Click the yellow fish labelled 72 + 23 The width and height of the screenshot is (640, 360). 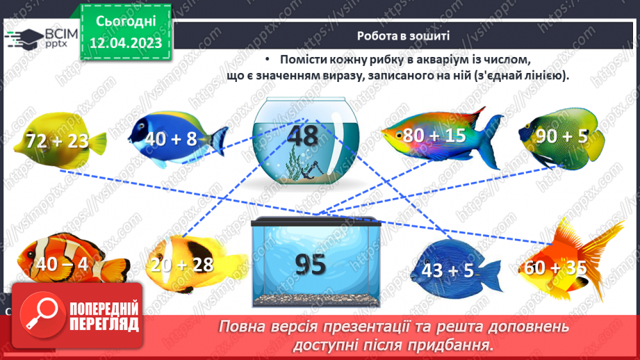point(59,141)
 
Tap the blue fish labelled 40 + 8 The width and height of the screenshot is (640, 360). point(174,138)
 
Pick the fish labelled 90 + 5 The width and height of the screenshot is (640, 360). point(561,136)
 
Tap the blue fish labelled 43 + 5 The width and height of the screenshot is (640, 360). point(448,269)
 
